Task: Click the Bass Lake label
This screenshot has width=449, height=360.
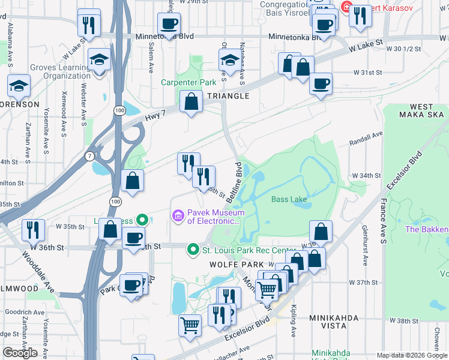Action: coord(289,199)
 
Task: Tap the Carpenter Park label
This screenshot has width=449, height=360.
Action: coord(188,82)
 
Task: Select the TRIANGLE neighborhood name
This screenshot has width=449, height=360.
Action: coord(228,96)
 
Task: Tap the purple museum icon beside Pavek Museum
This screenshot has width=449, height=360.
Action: coord(178,215)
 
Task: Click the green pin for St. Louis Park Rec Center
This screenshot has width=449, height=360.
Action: coord(193,248)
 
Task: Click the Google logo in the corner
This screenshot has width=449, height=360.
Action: coord(20,352)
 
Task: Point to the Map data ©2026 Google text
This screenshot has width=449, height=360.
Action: coord(412,355)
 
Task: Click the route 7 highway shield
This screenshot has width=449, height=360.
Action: coord(88,156)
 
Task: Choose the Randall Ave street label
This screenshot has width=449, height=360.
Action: coord(366,140)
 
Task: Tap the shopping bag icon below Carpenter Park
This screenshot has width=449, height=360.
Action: coord(191,103)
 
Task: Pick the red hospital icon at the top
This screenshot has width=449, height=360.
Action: coord(346,7)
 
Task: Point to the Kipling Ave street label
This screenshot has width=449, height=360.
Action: coord(294,323)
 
